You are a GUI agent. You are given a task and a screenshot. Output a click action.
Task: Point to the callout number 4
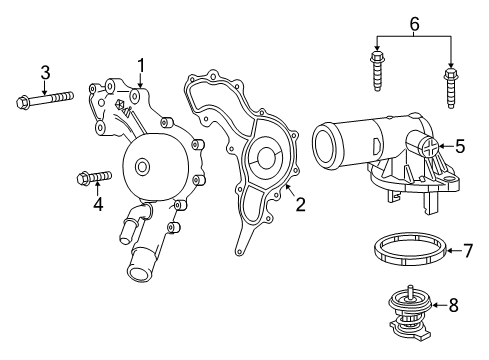(x=98, y=205)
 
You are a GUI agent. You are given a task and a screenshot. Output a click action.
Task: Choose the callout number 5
(x=459, y=146)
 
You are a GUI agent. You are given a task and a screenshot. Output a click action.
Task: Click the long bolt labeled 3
(x=46, y=99)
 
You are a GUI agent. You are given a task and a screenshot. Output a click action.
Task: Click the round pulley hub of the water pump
(x=143, y=168)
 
